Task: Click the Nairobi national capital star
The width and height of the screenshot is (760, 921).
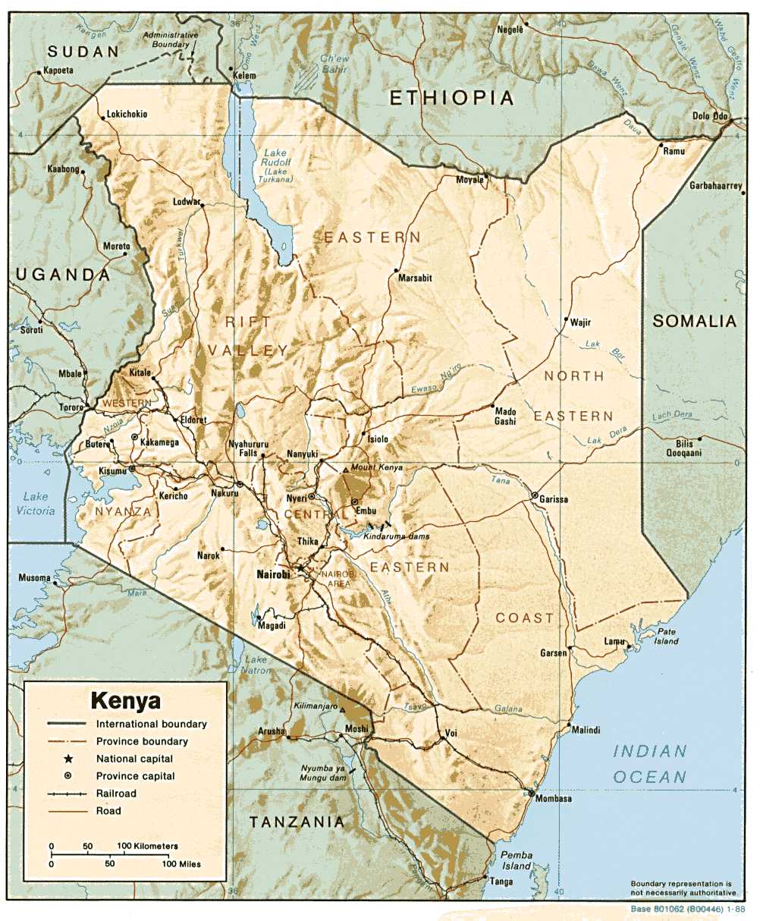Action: (x=300, y=567)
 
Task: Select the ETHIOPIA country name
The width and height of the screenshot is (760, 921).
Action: (x=451, y=98)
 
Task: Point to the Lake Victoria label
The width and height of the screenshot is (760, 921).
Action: (x=36, y=504)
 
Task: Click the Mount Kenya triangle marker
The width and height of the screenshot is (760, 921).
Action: (x=346, y=470)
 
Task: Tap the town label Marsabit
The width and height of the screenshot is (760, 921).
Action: (x=415, y=278)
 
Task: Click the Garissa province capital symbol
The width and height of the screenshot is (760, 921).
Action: (x=535, y=495)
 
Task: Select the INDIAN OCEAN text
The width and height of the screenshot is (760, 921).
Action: (x=650, y=764)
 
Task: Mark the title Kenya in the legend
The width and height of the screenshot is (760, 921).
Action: (x=125, y=699)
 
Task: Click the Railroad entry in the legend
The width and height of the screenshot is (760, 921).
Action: (x=116, y=794)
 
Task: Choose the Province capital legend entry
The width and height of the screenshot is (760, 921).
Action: (x=135, y=776)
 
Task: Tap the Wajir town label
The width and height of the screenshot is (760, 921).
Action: (x=580, y=322)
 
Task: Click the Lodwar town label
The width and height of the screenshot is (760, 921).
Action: (x=187, y=202)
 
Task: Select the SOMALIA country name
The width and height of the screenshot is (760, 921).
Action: (x=695, y=321)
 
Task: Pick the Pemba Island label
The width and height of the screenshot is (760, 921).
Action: (x=517, y=860)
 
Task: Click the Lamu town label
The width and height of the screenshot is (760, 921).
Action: (x=614, y=642)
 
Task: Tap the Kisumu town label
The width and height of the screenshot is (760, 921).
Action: (x=112, y=472)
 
